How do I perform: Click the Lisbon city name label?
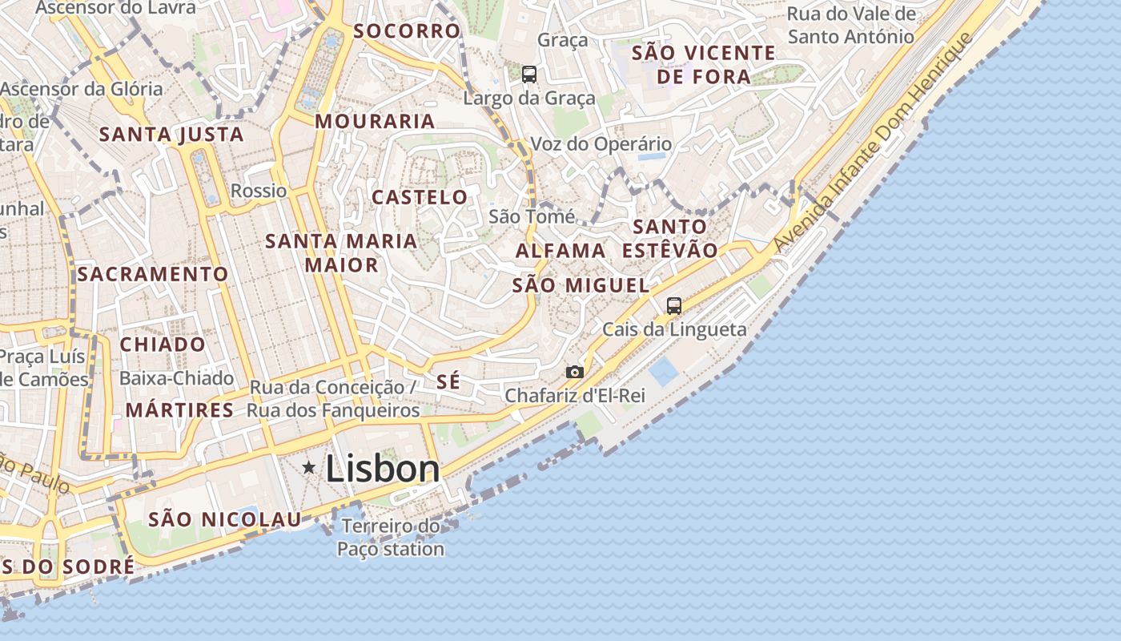(383, 470)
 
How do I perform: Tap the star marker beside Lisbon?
(308, 467)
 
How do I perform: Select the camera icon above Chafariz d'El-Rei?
(575, 372)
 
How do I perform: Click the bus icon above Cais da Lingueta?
(674, 305)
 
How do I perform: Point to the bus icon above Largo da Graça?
(529, 75)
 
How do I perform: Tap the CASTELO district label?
(420, 197)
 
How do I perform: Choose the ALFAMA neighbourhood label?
(560, 251)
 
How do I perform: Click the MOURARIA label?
(375, 122)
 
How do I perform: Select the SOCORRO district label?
(408, 31)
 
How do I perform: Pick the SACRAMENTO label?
(153, 274)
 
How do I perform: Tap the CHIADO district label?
(163, 345)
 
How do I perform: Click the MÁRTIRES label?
(179, 410)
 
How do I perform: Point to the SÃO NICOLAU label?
(224, 519)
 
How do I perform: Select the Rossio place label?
(259, 191)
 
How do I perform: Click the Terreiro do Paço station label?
(390, 538)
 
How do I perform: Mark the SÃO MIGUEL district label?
(581, 285)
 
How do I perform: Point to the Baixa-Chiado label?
(176, 378)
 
